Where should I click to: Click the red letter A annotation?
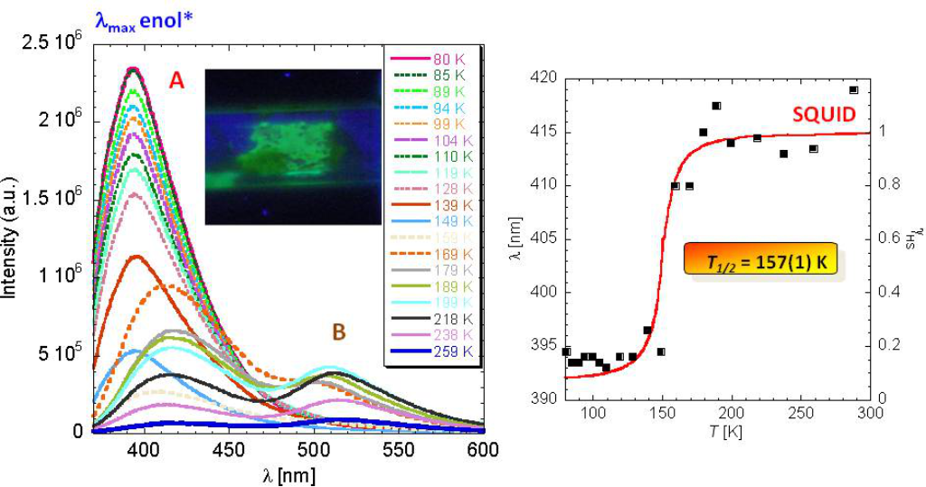pyautogui.click(x=177, y=81)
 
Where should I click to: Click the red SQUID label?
pyautogui.click(x=824, y=117)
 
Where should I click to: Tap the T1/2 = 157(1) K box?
pyautogui.click(x=761, y=262)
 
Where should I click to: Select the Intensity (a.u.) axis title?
pyautogui.click(x=13, y=239)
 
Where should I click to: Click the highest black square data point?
pyautogui.click(x=854, y=89)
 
